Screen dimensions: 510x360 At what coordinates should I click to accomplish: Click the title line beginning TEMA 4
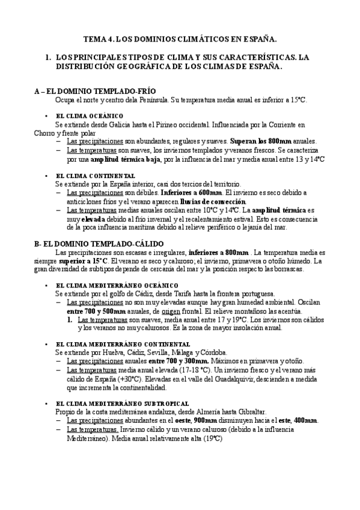pyautogui.click(x=180, y=40)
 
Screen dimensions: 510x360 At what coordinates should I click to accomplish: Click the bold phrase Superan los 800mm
pyautogui.click(x=260, y=141)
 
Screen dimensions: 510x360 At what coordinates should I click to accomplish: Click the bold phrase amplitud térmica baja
pyautogui.click(x=122, y=159)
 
